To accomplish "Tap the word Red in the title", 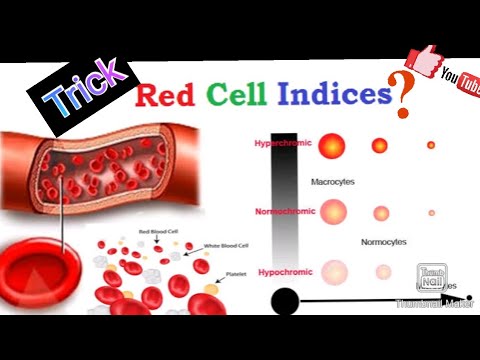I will [163, 97].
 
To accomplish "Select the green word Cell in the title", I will [236, 96].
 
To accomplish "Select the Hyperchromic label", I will [283, 143].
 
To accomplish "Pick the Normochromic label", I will [283, 211].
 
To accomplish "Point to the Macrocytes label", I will [376, 181].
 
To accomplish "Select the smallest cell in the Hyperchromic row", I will [431, 145].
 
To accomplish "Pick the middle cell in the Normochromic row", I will [381, 212].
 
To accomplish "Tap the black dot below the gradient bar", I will [285, 300].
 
